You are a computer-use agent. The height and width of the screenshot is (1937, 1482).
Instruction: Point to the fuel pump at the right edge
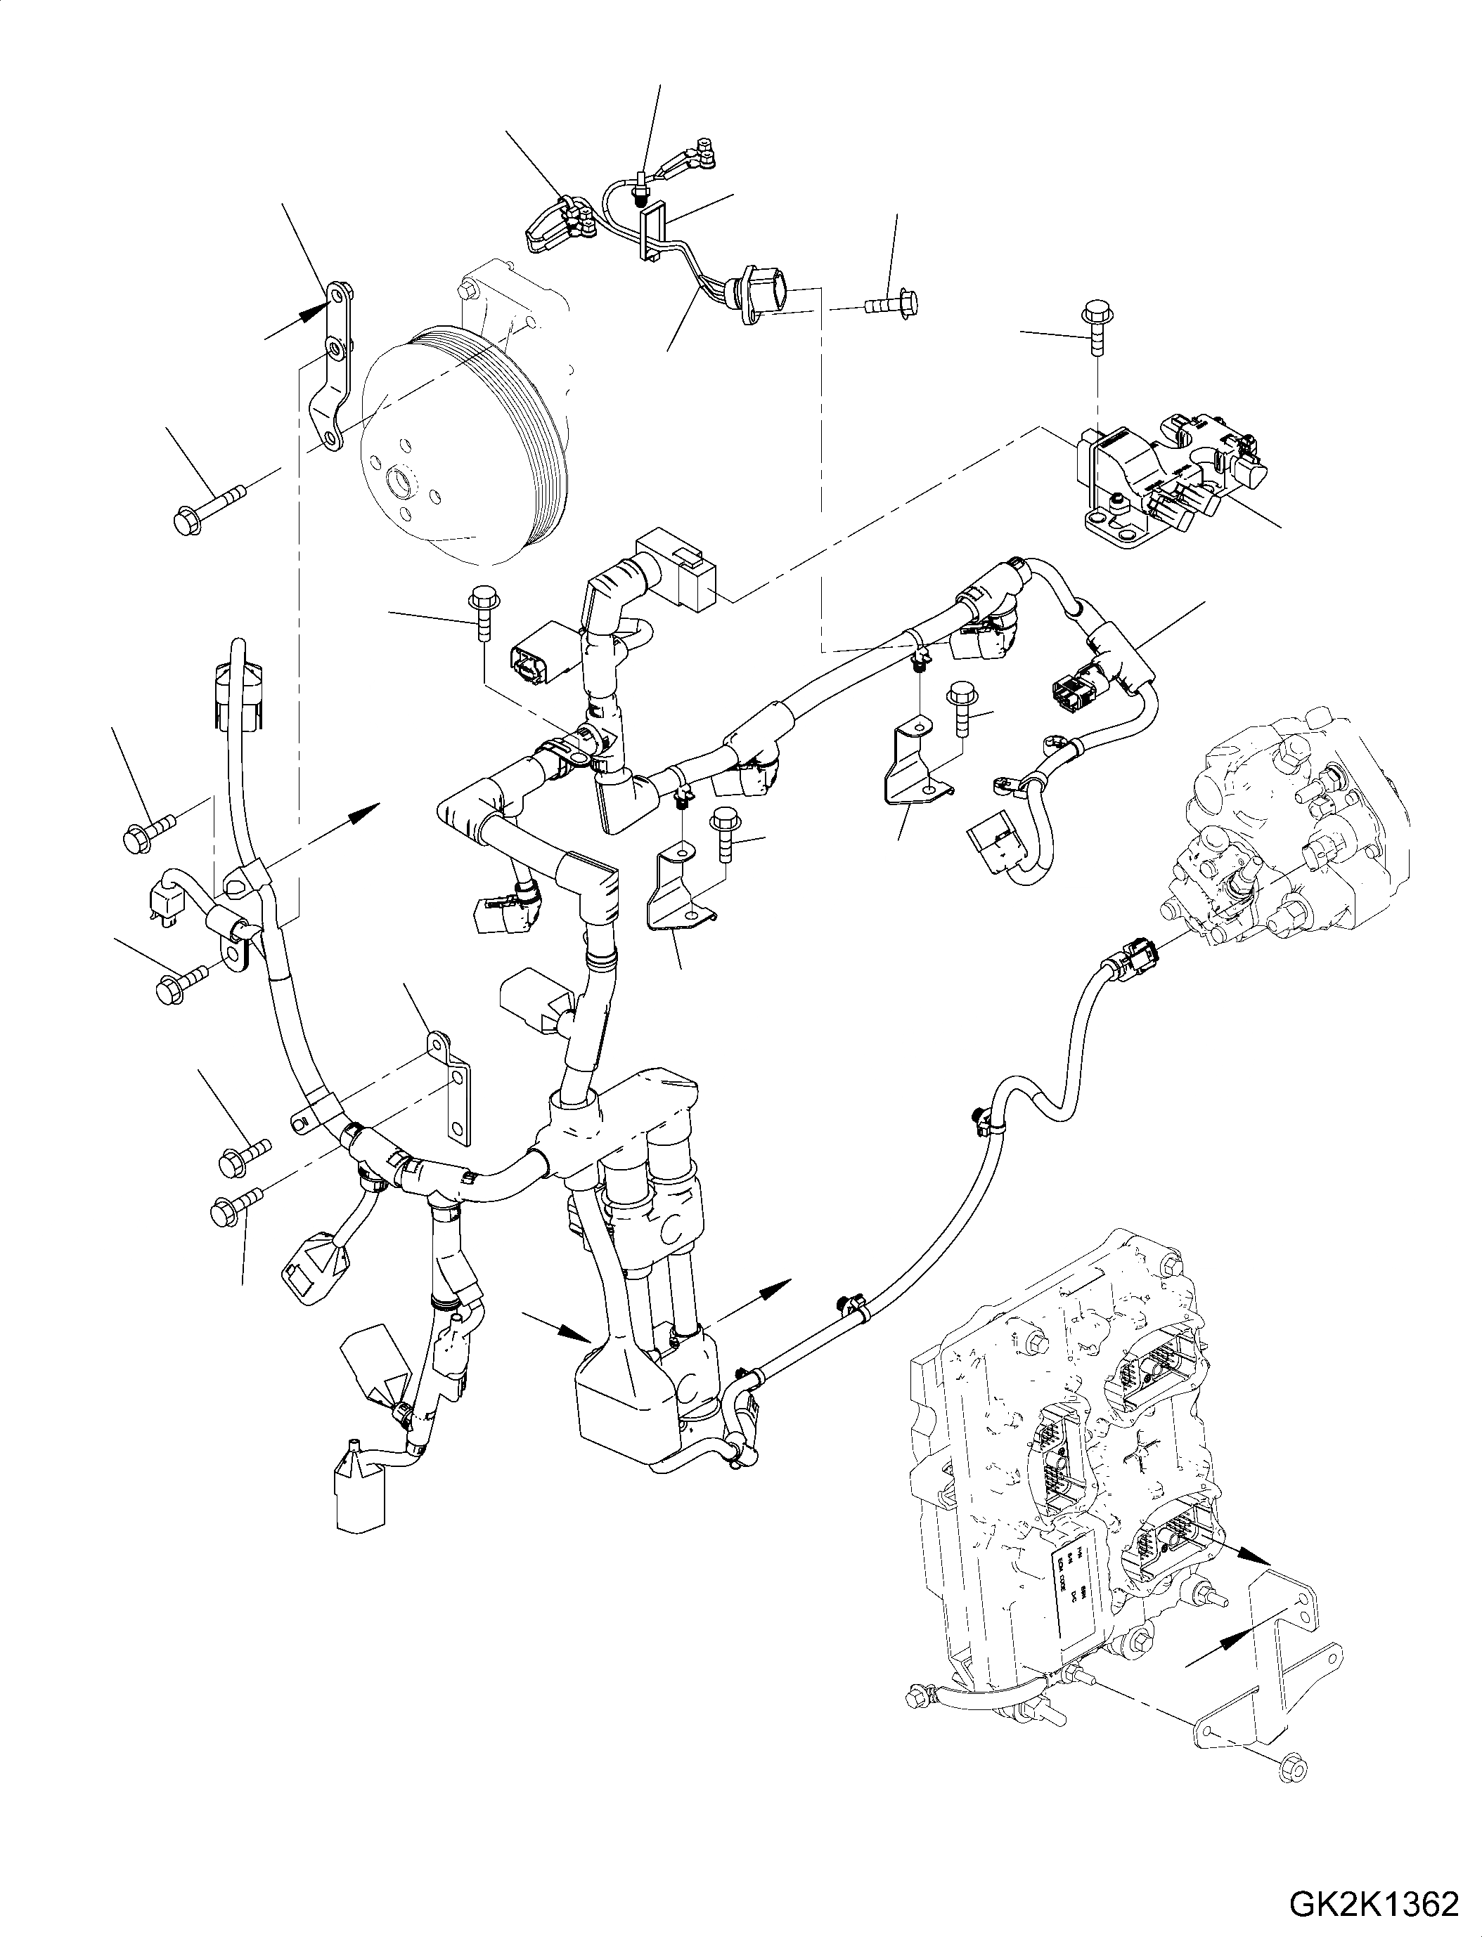1296,847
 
